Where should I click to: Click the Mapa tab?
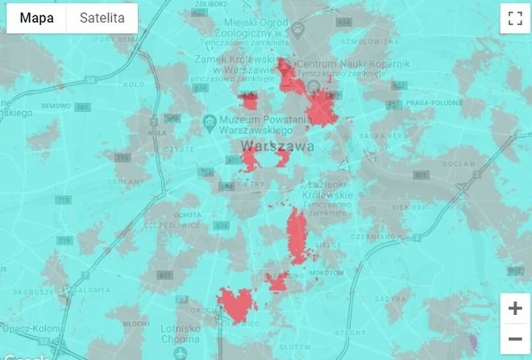point(36,18)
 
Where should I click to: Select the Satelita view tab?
point(102,18)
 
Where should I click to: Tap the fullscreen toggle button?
point(514,19)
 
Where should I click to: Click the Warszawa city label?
point(277,147)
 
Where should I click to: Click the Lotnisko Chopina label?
point(181,333)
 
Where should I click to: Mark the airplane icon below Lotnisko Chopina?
point(181,353)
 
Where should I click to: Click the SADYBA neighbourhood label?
point(396,299)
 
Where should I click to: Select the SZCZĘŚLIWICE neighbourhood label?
point(168,226)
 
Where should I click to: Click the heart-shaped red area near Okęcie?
point(236,304)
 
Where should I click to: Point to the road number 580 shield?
point(81,106)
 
